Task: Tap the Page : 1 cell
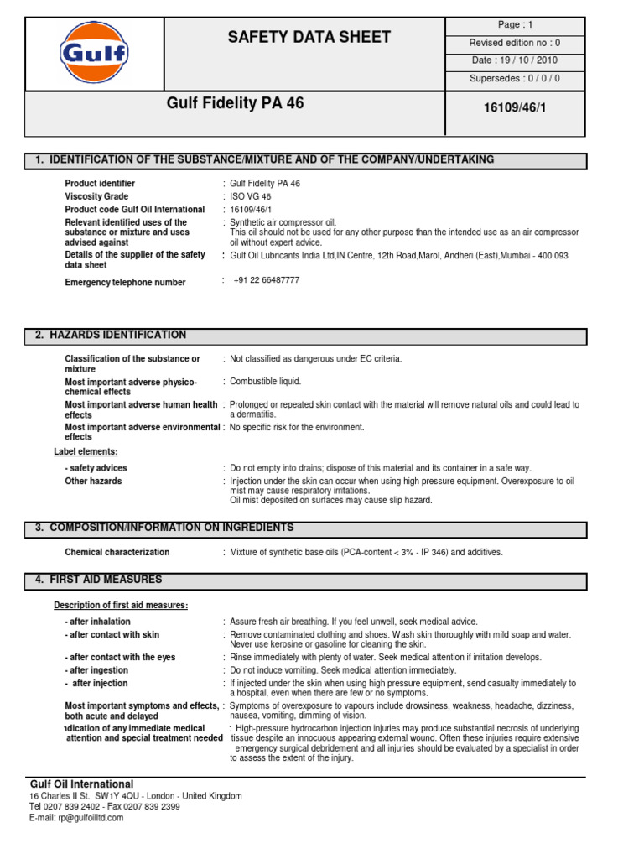515,25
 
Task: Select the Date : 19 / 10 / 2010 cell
515,60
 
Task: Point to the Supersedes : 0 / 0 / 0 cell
515,79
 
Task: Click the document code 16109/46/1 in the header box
515,109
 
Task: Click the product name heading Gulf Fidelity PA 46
236,104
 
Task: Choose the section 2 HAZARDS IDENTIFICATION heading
111,336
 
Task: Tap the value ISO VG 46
251,196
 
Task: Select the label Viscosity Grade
96,196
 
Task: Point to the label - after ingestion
96,670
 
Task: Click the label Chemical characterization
117,552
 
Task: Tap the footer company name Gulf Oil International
81,784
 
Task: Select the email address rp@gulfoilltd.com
76,818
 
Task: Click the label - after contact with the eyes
120,658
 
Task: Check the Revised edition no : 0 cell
515,43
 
